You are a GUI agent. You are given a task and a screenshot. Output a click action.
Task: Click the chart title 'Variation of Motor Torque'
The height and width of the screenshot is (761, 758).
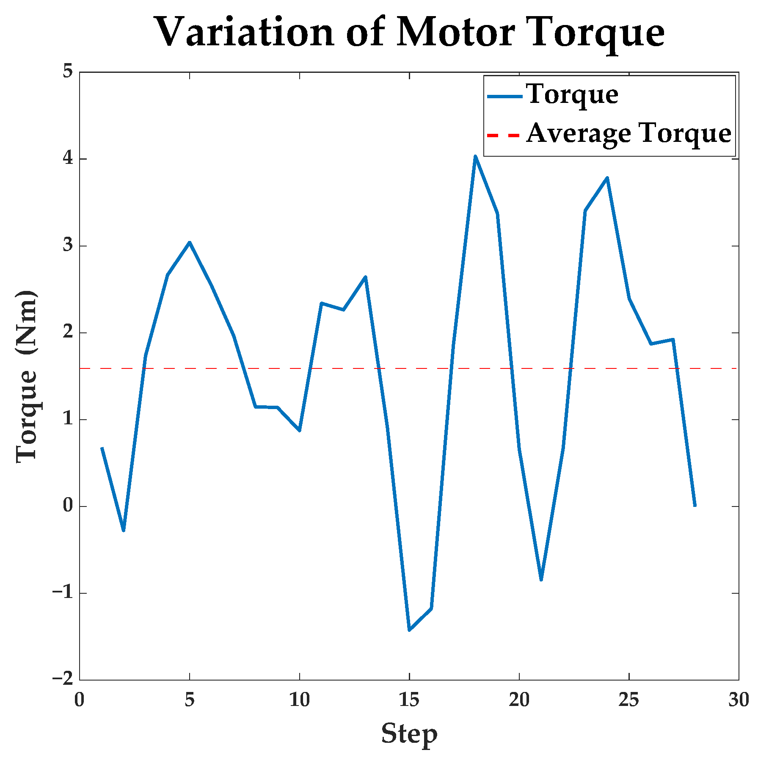(409, 33)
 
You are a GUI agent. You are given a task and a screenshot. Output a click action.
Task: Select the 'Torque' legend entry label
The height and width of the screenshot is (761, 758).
(572, 94)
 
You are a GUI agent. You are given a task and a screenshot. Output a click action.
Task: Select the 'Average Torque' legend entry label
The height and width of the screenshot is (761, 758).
(628, 134)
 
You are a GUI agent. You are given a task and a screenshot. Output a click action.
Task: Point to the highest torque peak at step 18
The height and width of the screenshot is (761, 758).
(475, 156)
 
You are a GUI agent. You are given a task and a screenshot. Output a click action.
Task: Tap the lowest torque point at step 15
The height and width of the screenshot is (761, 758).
(409, 630)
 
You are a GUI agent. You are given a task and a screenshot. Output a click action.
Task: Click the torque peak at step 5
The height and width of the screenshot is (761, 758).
(190, 242)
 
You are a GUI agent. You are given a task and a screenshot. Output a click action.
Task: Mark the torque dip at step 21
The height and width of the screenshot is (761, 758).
(541, 580)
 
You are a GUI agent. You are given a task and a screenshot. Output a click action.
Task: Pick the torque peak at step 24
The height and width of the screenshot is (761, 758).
(607, 178)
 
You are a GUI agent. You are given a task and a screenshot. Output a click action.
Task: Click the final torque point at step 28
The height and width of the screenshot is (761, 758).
(695, 506)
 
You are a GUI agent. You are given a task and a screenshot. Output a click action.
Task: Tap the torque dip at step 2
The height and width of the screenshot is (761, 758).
(124, 531)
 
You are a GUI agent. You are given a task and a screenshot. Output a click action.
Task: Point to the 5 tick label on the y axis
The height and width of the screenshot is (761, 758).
(68, 72)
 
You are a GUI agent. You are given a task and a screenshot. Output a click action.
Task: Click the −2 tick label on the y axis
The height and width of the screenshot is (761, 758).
(63, 679)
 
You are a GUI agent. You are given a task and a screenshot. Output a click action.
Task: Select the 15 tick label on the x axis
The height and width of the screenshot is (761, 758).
(409, 700)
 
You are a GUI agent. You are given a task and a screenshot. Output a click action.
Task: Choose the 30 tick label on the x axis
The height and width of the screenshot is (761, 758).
(739, 700)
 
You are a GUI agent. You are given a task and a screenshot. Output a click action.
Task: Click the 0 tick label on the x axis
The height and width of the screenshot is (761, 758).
(80, 700)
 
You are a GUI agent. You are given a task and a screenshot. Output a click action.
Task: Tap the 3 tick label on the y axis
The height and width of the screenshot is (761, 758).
(68, 246)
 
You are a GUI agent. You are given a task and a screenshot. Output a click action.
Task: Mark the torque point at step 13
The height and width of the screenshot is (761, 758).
(365, 277)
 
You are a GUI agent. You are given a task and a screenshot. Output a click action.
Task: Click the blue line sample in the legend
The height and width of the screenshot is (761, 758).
(504, 96)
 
